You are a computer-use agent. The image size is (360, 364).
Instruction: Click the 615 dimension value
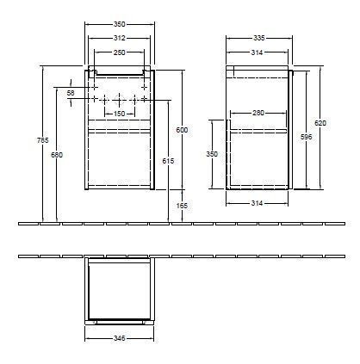[x=167, y=160]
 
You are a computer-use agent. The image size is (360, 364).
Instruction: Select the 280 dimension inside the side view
[x=258, y=113]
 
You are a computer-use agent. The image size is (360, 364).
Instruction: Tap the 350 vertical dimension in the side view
[x=212, y=154]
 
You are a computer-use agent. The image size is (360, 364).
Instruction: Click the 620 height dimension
[x=320, y=123]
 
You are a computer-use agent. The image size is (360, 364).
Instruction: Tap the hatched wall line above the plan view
[x=172, y=256]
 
